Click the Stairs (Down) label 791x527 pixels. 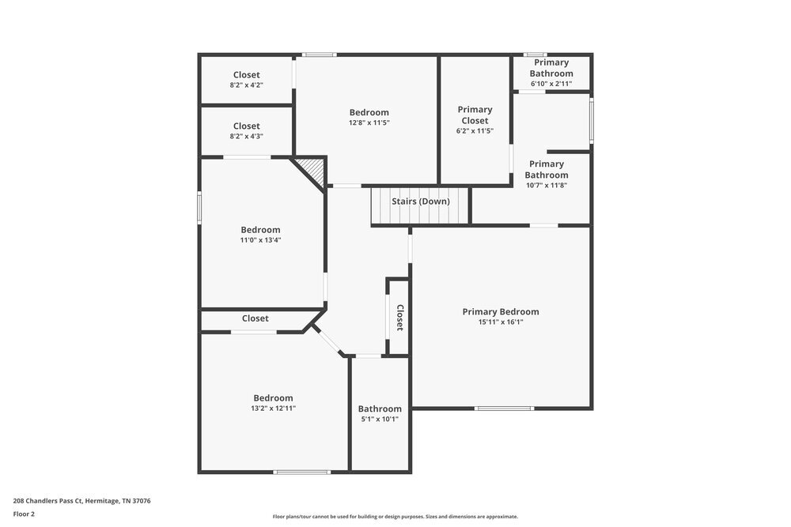tap(421, 201)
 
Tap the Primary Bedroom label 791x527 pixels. tap(501, 311)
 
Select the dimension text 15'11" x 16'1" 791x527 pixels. tap(501, 322)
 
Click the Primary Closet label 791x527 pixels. tap(475, 115)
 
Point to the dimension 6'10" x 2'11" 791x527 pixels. tap(551, 84)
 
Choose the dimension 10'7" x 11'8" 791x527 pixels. tap(547, 185)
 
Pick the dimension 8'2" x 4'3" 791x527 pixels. tap(246, 136)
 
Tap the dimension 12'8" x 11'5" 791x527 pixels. tap(369, 122)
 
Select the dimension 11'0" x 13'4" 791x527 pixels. tap(260, 239)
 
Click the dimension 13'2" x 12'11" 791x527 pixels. tap(273, 408)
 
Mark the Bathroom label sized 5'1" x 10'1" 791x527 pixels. tap(380, 408)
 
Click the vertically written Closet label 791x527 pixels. tap(399, 318)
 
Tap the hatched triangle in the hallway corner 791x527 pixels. tap(314, 170)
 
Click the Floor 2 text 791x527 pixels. tap(24, 514)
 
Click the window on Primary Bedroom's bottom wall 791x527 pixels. tap(502, 408)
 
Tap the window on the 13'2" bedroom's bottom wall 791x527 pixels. tap(301, 472)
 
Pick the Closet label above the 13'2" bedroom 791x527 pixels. tap(255, 318)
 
